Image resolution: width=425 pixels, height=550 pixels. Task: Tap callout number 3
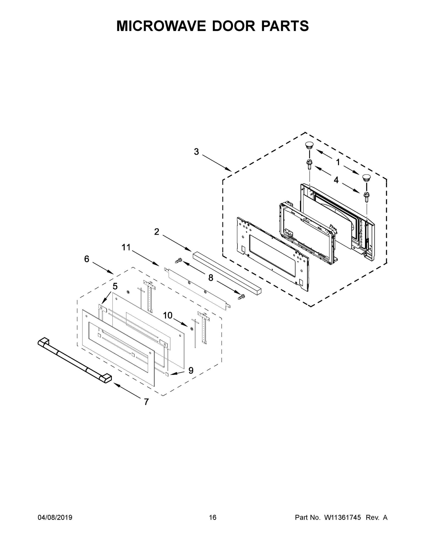point(196,152)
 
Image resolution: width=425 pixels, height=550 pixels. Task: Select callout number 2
point(157,232)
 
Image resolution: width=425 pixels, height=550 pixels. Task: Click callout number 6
point(87,259)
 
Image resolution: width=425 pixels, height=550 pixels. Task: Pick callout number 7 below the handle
point(146,402)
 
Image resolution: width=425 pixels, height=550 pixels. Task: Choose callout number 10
point(168,315)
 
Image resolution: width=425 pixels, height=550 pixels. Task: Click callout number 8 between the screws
point(211,278)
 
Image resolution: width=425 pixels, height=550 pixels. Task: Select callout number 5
point(115,286)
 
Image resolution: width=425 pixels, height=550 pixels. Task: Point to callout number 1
point(338,162)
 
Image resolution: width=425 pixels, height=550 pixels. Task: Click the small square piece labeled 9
point(167,374)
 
